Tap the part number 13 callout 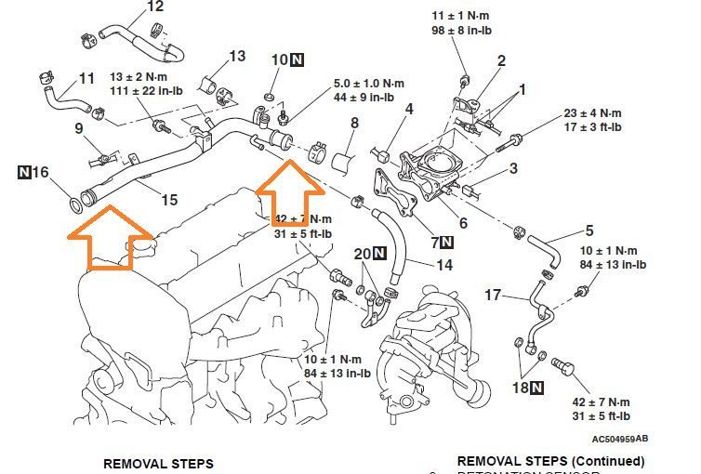pos(237,57)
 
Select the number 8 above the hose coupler pos(354,123)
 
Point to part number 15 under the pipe pos(169,199)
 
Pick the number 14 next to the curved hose pos(444,264)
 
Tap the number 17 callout pos(494,296)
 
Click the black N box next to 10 pos(296,60)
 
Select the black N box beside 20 pos(379,254)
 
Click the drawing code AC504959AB pos(620,439)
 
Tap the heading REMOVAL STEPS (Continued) pos(550,461)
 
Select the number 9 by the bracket pos(79,128)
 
